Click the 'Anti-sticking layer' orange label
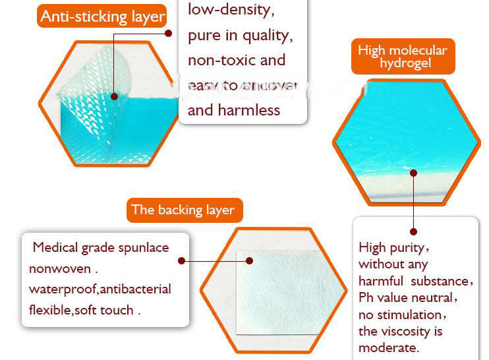(102, 16)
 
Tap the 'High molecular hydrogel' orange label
(402, 57)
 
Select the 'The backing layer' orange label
(183, 210)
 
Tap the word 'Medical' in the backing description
(55, 248)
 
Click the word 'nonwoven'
(60, 269)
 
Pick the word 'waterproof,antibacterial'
(100, 289)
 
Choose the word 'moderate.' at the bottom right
(389, 348)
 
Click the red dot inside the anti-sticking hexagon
(114, 96)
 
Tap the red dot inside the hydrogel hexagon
(414, 173)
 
